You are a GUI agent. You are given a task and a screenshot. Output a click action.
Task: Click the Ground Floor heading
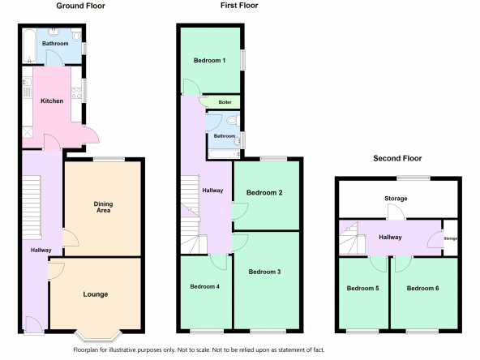tap(80, 6)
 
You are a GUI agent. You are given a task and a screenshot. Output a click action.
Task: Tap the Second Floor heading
tap(397, 158)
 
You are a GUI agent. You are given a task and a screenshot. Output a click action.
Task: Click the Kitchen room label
tap(52, 101)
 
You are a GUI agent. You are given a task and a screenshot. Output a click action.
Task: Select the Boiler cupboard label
tap(225, 102)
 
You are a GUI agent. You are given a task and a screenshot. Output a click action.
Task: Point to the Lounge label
tap(96, 294)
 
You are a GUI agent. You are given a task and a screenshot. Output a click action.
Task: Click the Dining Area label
tap(103, 207)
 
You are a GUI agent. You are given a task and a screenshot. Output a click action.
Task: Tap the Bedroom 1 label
tap(210, 60)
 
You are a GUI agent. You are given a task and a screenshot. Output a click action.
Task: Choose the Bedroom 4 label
tap(205, 286)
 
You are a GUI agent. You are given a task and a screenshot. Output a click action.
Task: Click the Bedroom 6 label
tap(422, 288)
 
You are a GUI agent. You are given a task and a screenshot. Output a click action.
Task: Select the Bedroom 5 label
tap(362, 288)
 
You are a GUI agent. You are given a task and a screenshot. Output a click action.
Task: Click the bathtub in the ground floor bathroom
tap(29, 46)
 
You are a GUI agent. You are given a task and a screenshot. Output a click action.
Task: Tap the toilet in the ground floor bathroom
tap(76, 35)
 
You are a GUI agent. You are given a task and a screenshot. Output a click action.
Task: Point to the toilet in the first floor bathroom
tap(234, 120)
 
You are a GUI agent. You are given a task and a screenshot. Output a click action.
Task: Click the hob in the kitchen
tap(76, 93)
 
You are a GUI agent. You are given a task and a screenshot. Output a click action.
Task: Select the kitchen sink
tap(27, 82)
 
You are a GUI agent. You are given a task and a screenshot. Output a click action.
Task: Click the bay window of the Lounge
tap(99, 336)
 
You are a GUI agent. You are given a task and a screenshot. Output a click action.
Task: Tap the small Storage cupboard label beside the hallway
tap(451, 238)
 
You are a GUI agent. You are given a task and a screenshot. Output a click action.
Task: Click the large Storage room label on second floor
tap(396, 199)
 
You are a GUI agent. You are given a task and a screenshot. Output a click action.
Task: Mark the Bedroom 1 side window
tap(243, 60)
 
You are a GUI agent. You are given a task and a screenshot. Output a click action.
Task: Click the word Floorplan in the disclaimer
tap(85, 350)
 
